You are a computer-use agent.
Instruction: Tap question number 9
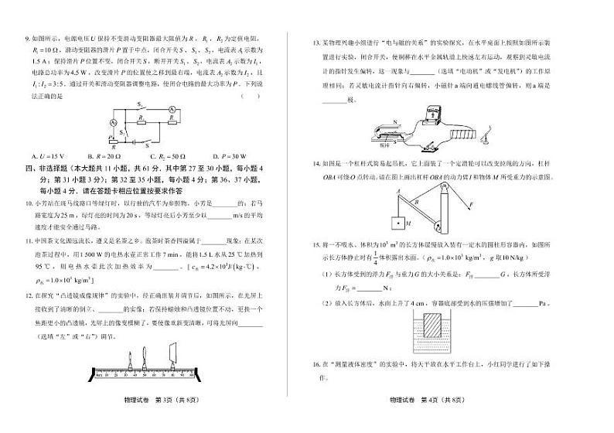click(29, 37)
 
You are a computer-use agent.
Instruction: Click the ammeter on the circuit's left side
click(112, 124)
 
